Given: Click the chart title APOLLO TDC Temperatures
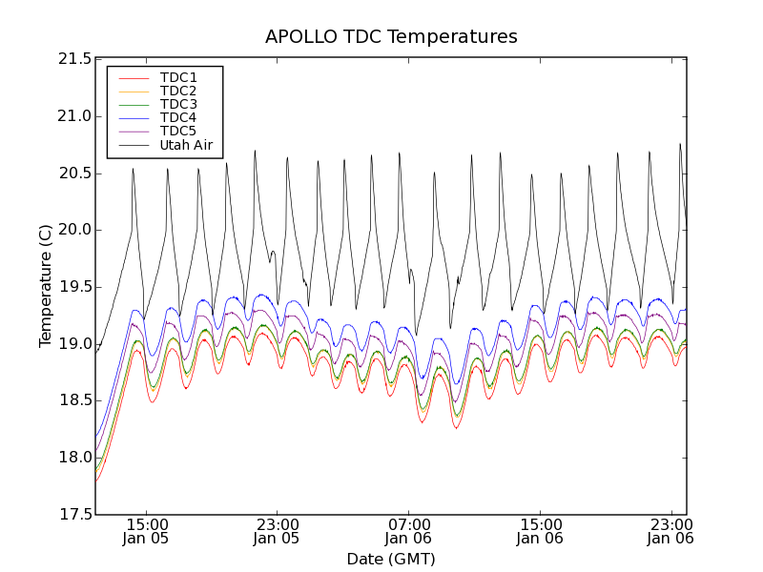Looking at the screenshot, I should coord(391,37).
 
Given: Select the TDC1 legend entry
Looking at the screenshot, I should coord(178,77).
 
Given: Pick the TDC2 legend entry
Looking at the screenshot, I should coord(178,91).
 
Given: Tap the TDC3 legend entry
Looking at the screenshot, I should coord(178,104).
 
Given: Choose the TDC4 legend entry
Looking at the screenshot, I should coord(178,118).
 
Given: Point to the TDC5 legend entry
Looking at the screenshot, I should coord(178,132).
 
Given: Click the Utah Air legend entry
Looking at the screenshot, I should coord(186,146).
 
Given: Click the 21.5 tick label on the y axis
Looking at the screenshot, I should coord(73,59).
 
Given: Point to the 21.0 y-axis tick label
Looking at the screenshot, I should coord(73,116).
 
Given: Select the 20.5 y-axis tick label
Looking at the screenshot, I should coord(73,173).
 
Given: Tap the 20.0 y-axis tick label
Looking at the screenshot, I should coord(73,230).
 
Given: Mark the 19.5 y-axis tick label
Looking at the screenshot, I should coord(73,287).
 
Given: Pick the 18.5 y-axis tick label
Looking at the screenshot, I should coord(73,400).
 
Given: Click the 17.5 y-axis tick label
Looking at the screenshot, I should coord(73,515).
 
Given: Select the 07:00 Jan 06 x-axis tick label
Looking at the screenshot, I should coord(408,531).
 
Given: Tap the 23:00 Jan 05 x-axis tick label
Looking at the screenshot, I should coord(277,531).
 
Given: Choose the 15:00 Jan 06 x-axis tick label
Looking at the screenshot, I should coord(540,531).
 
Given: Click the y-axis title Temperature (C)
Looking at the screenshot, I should coord(46,286).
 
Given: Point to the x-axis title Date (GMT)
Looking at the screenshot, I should coord(391,559).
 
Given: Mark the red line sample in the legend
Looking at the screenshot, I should coord(134,77).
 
